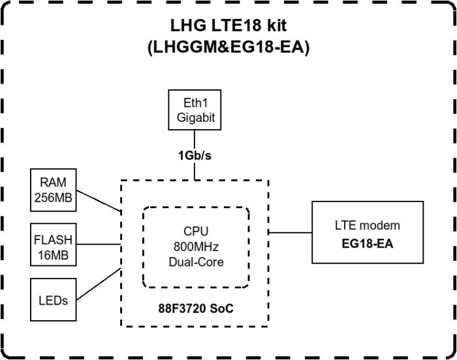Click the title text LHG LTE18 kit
228,25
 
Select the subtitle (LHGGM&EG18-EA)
228,47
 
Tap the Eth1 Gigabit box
194,110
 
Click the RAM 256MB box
54,190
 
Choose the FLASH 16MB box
54,245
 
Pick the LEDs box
54,301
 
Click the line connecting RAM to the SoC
99,201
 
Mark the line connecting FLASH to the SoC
99,245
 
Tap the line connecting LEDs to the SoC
99,284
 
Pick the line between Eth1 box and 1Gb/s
194,138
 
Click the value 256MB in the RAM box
54,197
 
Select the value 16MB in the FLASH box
54,253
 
